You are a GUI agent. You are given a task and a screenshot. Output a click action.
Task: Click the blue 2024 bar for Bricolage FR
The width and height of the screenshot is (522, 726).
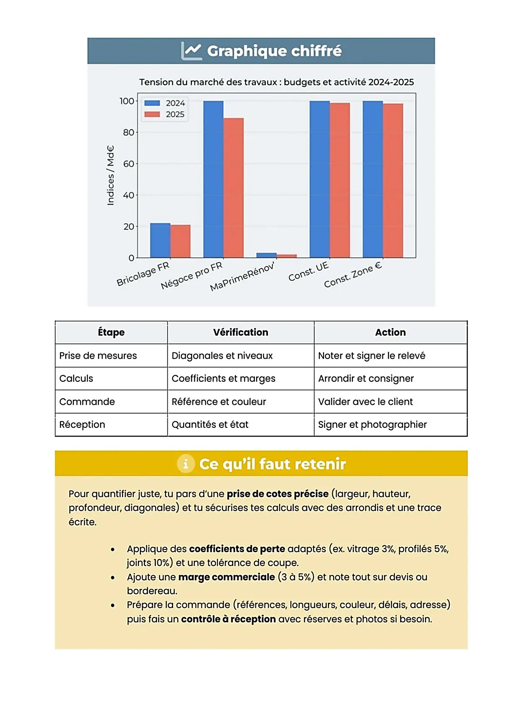tap(160, 240)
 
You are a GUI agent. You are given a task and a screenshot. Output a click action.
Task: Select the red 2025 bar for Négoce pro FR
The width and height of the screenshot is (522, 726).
tap(234, 188)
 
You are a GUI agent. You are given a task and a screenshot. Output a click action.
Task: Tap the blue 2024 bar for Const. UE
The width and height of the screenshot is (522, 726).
tap(320, 179)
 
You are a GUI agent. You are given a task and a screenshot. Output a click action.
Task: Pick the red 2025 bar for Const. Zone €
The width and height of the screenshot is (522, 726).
tap(393, 180)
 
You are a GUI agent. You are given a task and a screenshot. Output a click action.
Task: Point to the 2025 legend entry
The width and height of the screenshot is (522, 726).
tap(165, 114)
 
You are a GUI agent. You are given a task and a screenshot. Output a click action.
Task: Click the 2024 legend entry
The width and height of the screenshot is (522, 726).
tap(165, 103)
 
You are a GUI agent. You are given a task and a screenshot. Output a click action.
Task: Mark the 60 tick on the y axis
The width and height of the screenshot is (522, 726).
tap(129, 164)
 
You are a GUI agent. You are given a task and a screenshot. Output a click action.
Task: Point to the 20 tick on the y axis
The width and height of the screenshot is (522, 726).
tap(129, 226)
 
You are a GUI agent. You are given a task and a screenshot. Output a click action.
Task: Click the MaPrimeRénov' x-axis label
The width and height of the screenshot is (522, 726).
tap(242, 276)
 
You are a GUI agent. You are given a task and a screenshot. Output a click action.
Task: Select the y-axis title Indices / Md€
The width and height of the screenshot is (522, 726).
tap(111, 175)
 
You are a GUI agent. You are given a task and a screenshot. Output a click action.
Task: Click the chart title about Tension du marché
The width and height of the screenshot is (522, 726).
tap(276, 82)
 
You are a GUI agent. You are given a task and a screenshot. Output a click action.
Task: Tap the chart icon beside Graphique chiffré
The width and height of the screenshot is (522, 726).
tap(191, 51)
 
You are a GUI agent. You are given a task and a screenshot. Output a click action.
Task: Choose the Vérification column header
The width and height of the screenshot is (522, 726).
tap(241, 333)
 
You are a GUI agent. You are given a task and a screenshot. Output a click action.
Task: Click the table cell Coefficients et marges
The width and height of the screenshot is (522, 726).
tap(224, 379)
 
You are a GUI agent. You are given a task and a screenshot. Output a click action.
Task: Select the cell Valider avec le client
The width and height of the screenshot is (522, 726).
tap(365, 402)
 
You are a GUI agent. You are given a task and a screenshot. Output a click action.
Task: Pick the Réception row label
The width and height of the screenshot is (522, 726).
tap(82, 425)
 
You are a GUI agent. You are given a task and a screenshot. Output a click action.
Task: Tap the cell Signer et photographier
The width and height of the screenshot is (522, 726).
tap(372, 425)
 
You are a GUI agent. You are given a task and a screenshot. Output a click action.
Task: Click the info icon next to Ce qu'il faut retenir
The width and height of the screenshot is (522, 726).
tap(186, 464)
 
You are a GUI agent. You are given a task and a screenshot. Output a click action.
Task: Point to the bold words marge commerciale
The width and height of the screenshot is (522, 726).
tap(226, 577)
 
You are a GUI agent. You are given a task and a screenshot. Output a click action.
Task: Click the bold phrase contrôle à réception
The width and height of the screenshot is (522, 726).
tap(228, 619)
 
